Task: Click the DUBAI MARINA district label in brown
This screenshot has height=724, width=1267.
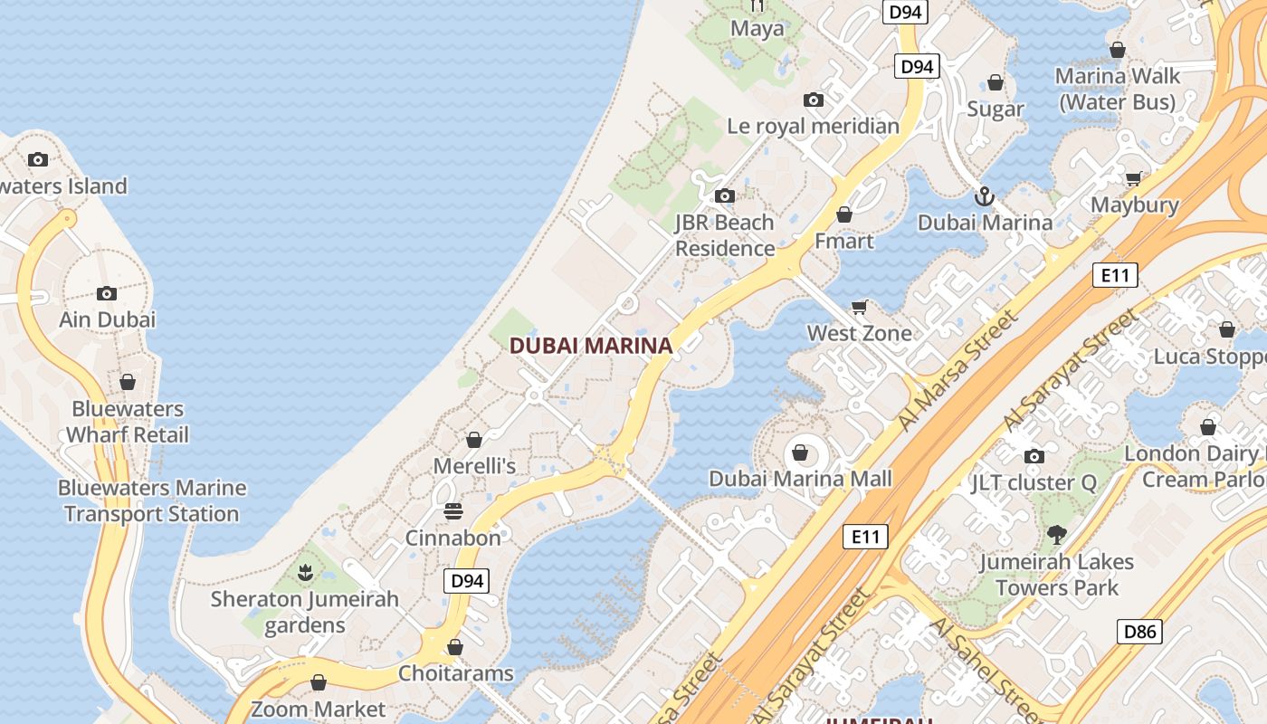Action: click(x=591, y=345)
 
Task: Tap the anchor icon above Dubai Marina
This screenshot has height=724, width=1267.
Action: click(x=984, y=195)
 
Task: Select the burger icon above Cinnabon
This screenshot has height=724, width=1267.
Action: click(x=453, y=512)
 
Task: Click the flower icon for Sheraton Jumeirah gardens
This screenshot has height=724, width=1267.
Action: click(x=305, y=572)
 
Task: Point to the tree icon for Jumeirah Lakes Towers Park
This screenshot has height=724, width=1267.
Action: click(x=1056, y=535)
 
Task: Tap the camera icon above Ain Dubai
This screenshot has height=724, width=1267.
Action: click(x=107, y=293)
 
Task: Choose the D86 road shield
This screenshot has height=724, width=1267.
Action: click(x=1139, y=631)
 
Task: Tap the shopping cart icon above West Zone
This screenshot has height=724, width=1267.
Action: click(x=860, y=307)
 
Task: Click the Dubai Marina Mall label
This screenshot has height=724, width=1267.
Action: click(x=800, y=479)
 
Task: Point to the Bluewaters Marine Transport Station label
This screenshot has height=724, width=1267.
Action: click(x=152, y=500)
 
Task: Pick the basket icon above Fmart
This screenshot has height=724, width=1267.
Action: click(x=844, y=214)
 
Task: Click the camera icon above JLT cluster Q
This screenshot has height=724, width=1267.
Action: click(x=1034, y=456)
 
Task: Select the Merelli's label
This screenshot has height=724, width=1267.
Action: click(x=474, y=466)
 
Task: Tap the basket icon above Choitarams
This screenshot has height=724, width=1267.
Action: click(x=455, y=647)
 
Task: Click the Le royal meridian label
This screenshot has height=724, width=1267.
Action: click(x=813, y=126)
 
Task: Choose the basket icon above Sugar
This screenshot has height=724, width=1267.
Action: click(x=995, y=83)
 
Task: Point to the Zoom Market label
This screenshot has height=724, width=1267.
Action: click(x=318, y=709)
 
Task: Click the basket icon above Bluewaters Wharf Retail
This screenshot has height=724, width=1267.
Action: click(x=128, y=382)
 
